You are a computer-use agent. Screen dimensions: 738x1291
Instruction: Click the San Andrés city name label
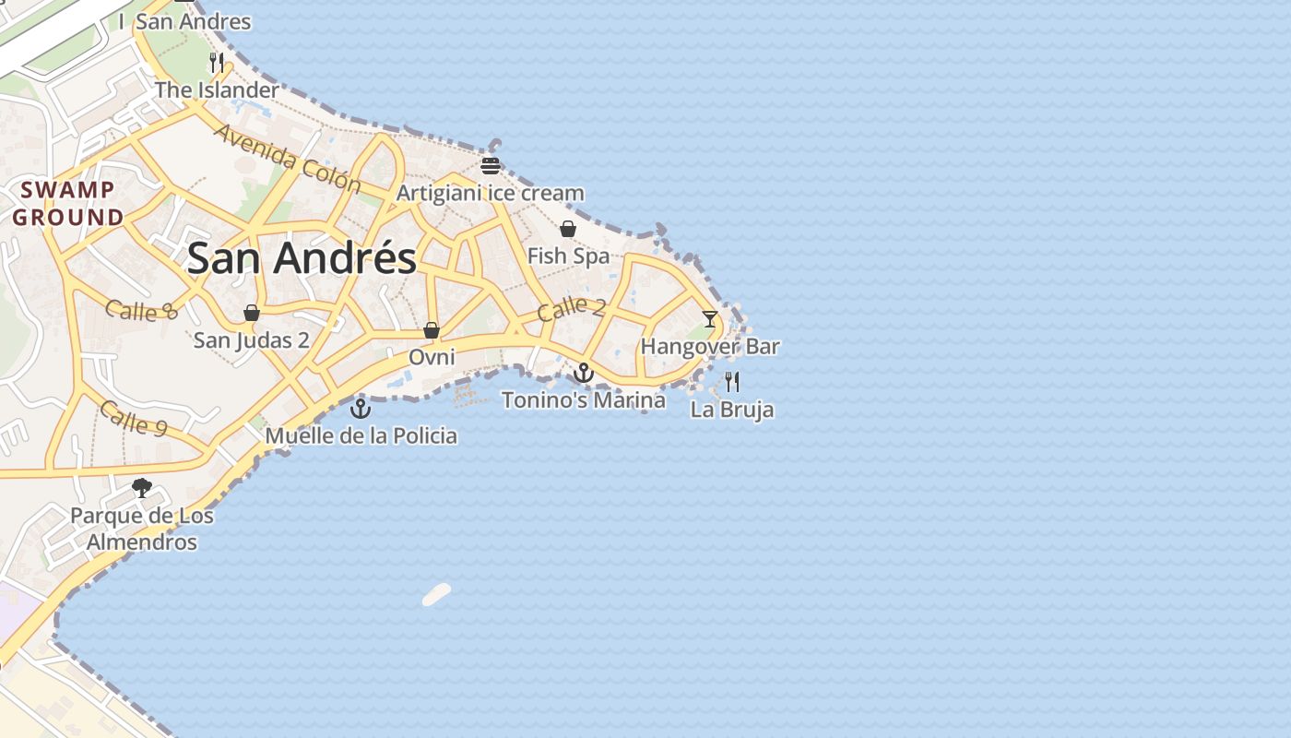(x=302, y=257)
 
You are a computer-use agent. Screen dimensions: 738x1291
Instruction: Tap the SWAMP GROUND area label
(x=68, y=204)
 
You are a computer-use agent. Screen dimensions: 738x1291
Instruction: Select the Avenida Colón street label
(x=287, y=158)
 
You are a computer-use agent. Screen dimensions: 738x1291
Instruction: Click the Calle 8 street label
(x=140, y=310)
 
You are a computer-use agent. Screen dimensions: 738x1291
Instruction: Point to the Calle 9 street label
(x=134, y=418)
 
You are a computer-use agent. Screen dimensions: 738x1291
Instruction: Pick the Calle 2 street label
(x=571, y=308)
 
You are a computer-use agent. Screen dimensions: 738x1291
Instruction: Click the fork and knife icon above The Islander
(x=217, y=63)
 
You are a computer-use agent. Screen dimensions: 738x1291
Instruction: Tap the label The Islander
(x=217, y=90)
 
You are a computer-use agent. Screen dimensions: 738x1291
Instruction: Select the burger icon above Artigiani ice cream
(x=490, y=166)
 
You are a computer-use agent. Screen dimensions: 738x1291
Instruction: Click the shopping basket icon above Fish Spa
(x=568, y=229)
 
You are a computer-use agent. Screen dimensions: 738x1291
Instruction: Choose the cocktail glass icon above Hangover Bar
(x=709, y=319)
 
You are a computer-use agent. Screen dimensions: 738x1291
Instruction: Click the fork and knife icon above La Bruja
(x=732, y=381)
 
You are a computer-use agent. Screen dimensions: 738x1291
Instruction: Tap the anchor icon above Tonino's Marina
(x=583, y=373)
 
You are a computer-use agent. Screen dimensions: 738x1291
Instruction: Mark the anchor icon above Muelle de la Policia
(x=361, y=408)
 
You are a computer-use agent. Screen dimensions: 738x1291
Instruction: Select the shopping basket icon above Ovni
(x=431, y=329)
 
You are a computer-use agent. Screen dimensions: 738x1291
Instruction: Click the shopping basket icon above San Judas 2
(x=251, y=313)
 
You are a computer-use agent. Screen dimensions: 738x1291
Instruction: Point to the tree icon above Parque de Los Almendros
(x=142, y=488)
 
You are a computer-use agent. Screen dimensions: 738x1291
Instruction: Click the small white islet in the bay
(x=436, y=595)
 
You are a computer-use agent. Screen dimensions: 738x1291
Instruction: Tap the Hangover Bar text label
(x=710, y=347)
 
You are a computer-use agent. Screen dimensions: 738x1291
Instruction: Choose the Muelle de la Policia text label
(x=361, y=435)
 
